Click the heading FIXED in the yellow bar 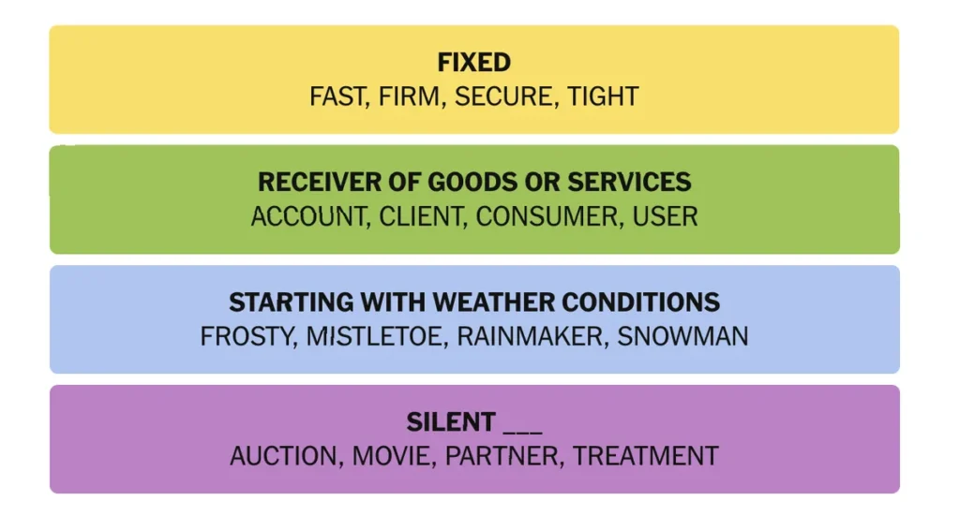pos(473,63)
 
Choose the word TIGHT pos(603,96)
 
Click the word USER pos(665,216)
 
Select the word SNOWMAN pos(682,336)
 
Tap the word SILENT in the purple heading pos(451,421)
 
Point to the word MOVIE pos(393,456)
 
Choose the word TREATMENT pos(645,456)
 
